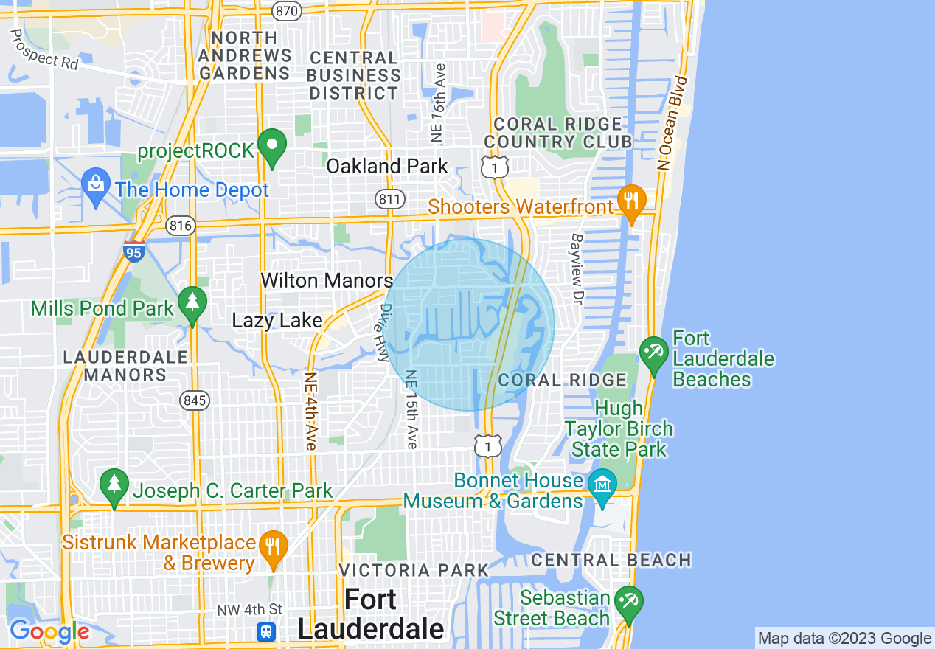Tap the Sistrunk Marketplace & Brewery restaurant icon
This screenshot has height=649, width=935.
tap(274, 549)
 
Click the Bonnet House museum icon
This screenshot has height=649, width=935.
tap(603, 486)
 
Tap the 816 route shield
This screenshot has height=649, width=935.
tap(181, 225)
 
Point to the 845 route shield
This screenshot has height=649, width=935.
tap(195, 400)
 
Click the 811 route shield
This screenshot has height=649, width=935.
tap(388, 198)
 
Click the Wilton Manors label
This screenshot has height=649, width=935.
tap(327, 280)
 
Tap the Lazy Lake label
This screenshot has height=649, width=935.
tap(277, 320)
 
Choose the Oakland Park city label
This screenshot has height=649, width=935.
tap(387, 166)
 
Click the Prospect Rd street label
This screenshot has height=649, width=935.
tap(44, 50)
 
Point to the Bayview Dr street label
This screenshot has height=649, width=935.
tap(577, 269)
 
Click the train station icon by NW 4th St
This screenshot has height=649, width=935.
tap(266, 631)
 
